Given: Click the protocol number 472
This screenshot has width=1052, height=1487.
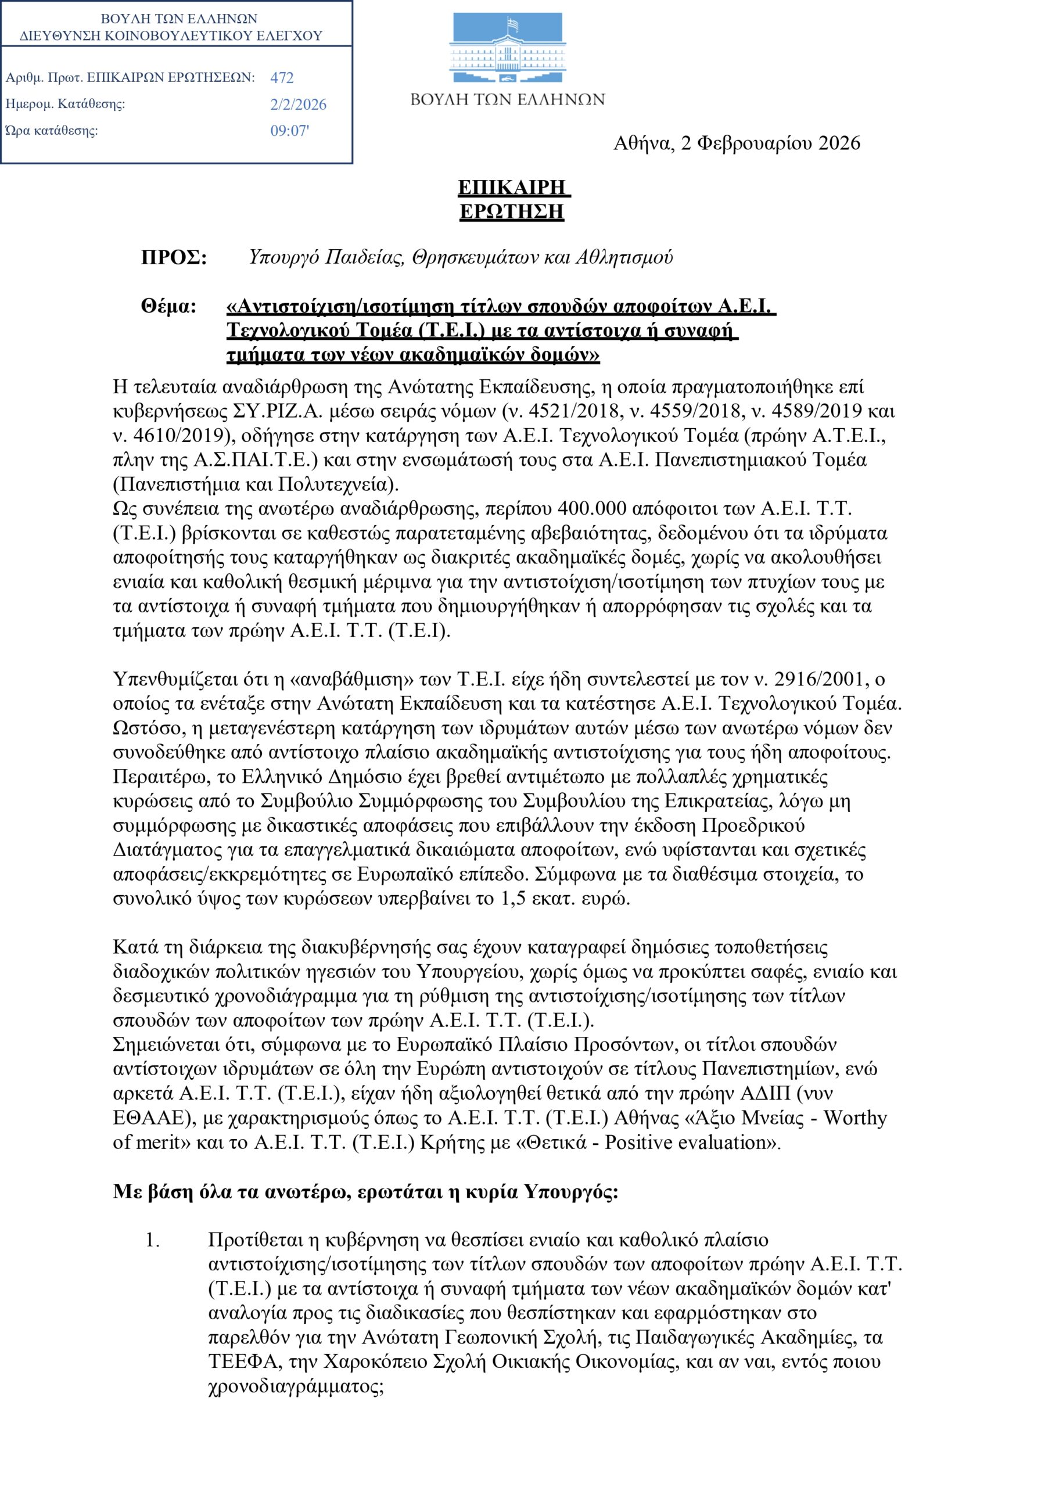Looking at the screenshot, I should (x=282, y=78).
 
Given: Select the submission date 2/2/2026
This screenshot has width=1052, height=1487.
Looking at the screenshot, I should (x=298, y=105).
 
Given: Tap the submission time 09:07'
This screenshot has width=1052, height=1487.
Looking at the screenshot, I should (x=289, y=131).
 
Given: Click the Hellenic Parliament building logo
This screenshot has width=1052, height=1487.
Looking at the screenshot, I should (x=507, y=48).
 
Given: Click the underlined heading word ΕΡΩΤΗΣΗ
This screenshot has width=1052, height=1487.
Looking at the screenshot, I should (x=512, y=212).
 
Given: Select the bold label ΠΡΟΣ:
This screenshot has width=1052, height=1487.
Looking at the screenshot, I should (x=174, y=258).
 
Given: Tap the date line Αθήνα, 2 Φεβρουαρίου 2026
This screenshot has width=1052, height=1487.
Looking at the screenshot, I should (x=737, y=143).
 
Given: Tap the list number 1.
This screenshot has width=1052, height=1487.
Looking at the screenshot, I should (x=152, y=1240).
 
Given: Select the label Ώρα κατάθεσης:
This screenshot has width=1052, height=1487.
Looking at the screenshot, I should (x=52, y=131).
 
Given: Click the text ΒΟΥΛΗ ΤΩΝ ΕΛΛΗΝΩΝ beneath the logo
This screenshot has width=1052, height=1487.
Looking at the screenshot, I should (x=507, y=100).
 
